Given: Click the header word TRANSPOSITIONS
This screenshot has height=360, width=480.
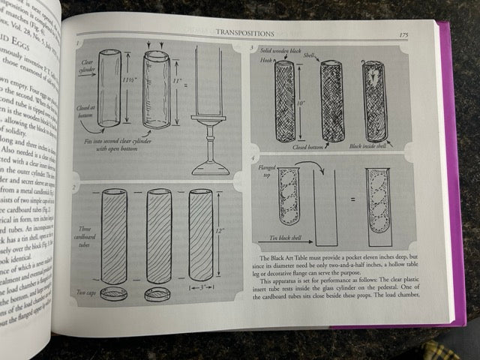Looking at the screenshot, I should [x=246, y=32].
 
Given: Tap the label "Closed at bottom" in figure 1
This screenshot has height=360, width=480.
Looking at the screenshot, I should [x=87, y=112].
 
